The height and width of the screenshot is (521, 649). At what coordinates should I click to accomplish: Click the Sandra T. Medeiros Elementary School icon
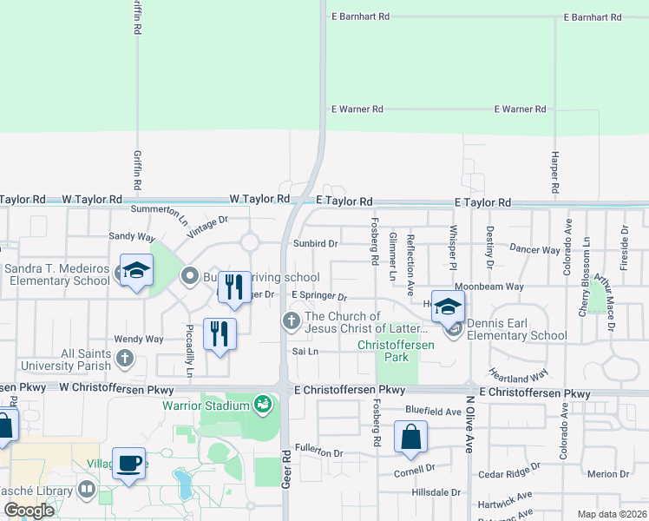(x=135, y=272)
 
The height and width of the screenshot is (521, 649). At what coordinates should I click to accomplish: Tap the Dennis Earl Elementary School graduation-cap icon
(x=448, y=307)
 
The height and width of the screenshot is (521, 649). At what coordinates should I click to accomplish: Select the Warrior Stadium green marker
(x=262, y=405)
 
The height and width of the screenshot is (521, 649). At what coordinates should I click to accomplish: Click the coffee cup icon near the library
(x=129, y=463)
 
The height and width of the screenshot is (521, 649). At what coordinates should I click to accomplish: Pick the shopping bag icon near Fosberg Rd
(x=410, y=437)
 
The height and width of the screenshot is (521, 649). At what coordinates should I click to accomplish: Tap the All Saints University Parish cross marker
(x=125, y=358)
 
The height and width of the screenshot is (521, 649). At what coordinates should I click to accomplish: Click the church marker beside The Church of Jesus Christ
(x=292, y=322)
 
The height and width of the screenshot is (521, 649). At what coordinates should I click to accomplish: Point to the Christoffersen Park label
(x=388, y=346)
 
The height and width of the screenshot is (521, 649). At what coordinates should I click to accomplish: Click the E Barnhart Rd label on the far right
(x=592, y=17)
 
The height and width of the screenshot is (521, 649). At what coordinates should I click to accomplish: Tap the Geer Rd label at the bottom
(x=285, y=468)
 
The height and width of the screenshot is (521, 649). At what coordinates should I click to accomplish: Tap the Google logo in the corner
(x=29, y=511)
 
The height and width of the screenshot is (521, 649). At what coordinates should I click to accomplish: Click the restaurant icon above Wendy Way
(x=219, y=333)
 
